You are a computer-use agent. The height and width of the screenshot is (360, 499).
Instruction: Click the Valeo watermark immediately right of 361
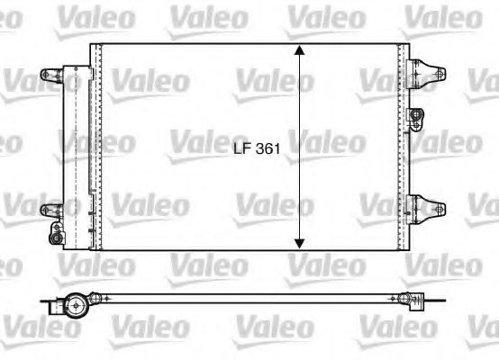click(x=326, y=141)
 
